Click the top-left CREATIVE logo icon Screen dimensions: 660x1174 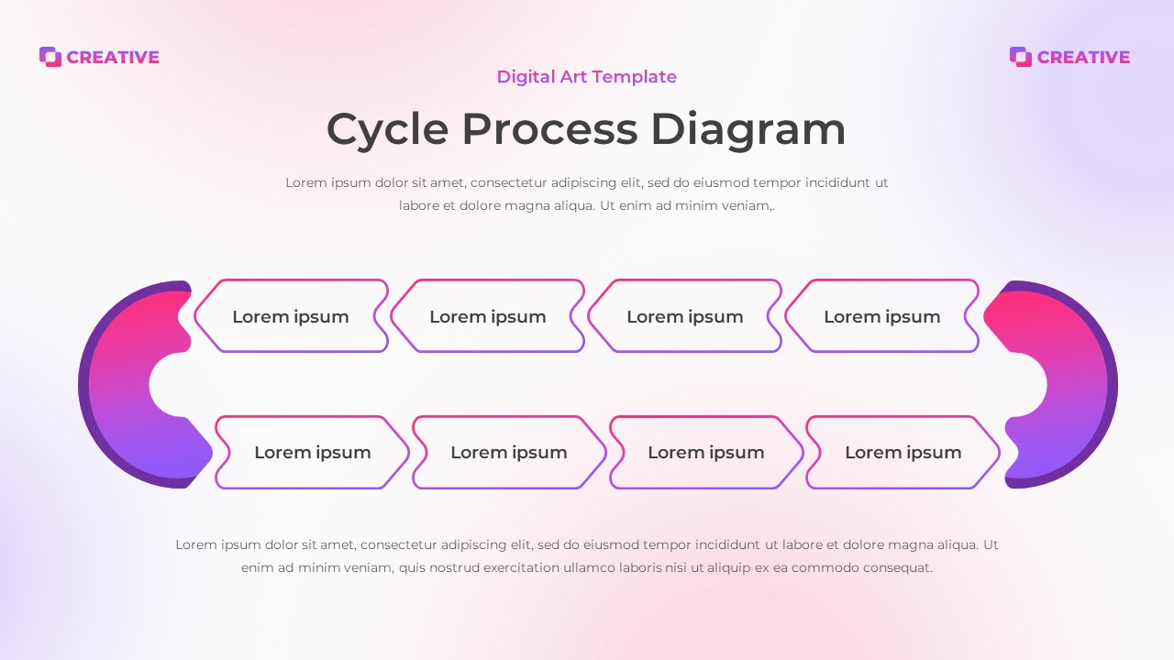[x=50, y=57]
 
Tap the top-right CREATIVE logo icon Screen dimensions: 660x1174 [x=1021, y=57]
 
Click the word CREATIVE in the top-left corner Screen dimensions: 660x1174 [x=113, y=57]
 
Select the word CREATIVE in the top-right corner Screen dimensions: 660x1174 [x=1083, y=57]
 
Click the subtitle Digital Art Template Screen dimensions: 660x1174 [x=587, y=77]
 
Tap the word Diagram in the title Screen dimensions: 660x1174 [x=748, y=129]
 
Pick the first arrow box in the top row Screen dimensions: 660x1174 [x=291, y=316]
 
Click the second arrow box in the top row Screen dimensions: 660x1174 [x=488, y=316]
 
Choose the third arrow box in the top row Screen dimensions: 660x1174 [x=685, y=316]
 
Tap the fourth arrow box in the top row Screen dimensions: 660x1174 [x=882, y=316]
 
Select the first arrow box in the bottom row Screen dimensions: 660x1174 [x=313, y=452]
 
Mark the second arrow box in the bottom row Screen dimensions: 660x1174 [x=509, y=452]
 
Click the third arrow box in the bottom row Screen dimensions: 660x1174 [x=706, y=452]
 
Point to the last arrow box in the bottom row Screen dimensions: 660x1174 [x=903, y=452]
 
